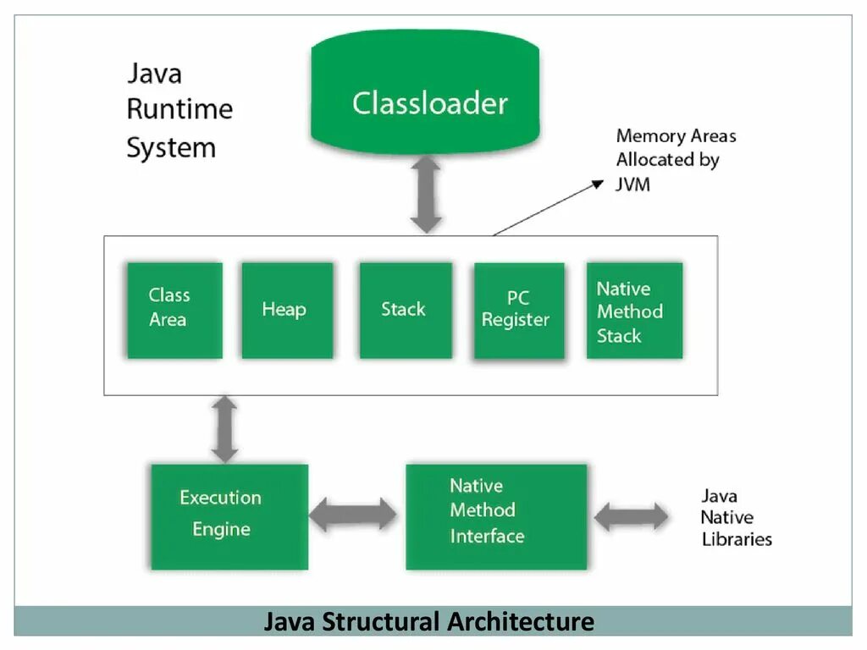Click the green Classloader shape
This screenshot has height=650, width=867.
point(425,91)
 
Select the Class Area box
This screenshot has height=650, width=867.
point(174,310)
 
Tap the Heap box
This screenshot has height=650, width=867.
point(288,310)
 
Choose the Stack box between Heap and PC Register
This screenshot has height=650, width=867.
point(406,310)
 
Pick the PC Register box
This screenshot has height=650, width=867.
point(519,311)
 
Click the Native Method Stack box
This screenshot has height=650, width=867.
point(634,310)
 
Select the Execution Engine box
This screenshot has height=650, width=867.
point(229,517)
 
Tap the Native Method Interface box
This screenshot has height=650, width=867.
point(496,517)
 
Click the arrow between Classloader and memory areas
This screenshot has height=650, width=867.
point(426,194)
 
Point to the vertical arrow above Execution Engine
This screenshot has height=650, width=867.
point(224,429)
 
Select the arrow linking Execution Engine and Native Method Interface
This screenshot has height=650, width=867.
point(353,515)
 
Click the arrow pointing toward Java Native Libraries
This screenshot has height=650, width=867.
point(630,517)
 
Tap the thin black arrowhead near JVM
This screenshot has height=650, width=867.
point(599,184)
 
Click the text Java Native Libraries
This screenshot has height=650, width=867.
point(736,517)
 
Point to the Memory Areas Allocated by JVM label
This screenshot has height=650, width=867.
point(676,160)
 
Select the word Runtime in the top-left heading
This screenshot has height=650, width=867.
point(179,109)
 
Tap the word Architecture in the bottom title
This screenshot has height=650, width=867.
point(521,621)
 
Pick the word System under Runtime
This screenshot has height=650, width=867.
point(171,148)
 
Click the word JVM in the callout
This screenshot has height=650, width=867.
point(633,184)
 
